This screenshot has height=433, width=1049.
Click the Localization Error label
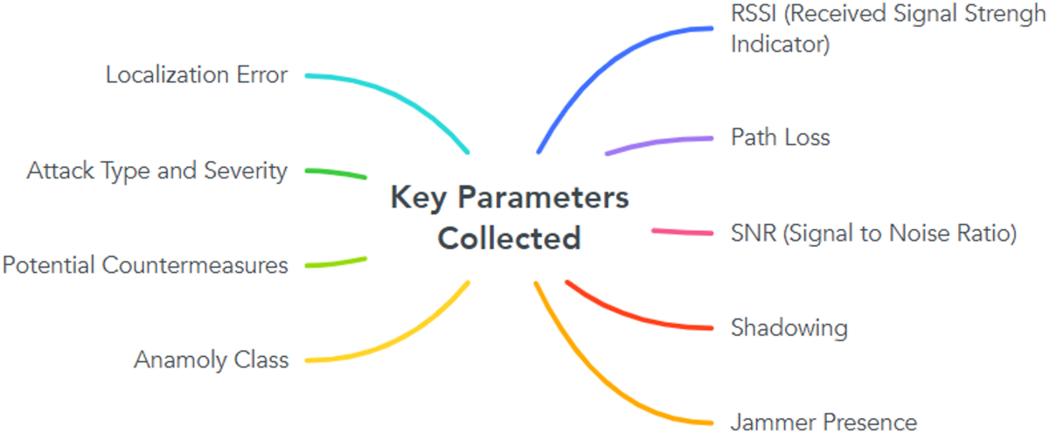(x=196, y=75)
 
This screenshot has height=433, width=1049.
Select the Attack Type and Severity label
(x=156, y=171)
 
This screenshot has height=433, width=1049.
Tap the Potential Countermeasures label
(x=145, y=264)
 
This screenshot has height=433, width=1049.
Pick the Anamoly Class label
(x=211, y=360)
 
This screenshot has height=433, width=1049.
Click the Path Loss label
(x=780, y=137)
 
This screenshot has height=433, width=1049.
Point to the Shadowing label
(x=788, y=328)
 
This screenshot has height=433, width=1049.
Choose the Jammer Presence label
(x=823, y=423)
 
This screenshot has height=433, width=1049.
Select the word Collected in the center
(x=509, y=238)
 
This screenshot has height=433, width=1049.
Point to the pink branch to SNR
(x=682, y=232)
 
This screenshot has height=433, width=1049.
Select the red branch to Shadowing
(x=629, y=317)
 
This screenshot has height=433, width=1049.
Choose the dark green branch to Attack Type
(x=337, y=172)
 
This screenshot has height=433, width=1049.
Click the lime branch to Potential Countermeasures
(x=337, y=262)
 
